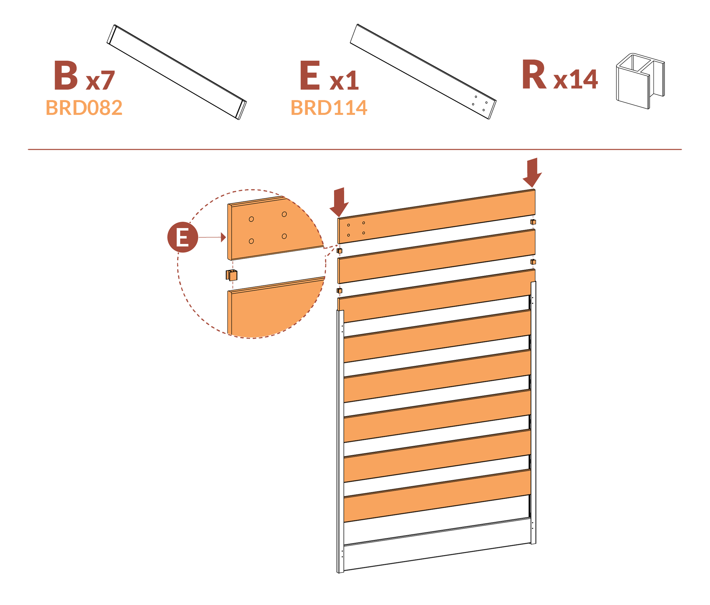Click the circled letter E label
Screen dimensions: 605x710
[182, 237]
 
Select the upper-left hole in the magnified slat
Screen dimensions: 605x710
[251, 219]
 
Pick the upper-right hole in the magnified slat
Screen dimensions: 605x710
[284, 214]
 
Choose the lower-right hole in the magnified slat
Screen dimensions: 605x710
[284, 236]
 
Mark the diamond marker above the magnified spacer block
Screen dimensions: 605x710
[233, 265]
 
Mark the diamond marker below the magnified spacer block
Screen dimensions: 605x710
[233, 285]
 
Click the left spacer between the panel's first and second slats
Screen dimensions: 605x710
[340, 251]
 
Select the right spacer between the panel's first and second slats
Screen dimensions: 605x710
[533, 222]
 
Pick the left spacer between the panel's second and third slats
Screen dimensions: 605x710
[340, 291]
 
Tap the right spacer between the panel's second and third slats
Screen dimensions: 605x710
[533, 262]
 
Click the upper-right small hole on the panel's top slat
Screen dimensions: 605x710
[364, 223]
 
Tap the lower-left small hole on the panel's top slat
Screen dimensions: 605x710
[348, 235]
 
